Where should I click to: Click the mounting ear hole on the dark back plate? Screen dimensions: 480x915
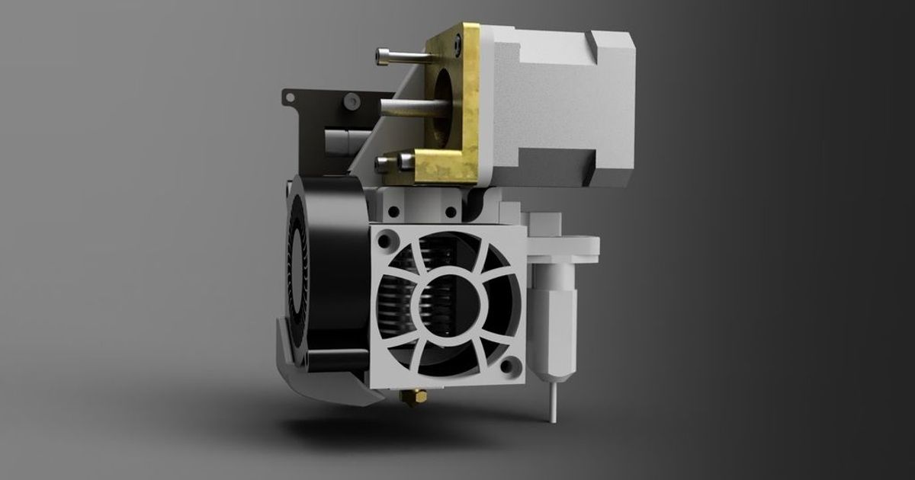point(289,97)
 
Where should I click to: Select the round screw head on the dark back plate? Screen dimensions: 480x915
point(350,101)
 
